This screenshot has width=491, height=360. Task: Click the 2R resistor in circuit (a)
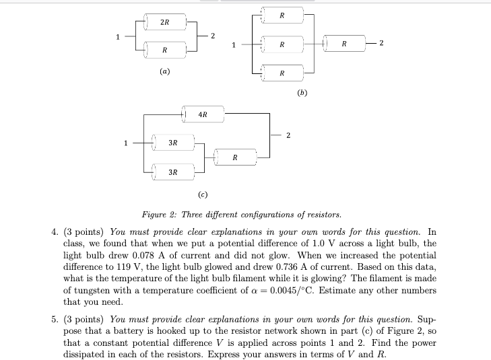pos(164,24)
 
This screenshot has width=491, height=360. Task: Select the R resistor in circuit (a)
pos(164,50)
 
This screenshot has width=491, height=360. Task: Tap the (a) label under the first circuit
pos(165,70)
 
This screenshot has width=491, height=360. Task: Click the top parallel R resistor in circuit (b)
pos(282,15)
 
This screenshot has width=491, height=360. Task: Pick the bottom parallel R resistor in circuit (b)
pos(282,72)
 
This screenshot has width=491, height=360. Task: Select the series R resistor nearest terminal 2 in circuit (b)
pos(344,44)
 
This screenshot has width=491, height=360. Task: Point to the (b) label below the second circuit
pos(300,94)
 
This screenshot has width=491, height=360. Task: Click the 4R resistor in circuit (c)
pos(203,115)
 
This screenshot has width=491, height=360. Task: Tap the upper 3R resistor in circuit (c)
pos(173,143)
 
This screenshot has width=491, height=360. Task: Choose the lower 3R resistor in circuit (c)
pos(173,172)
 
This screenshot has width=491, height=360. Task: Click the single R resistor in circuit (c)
pos(234,158)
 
